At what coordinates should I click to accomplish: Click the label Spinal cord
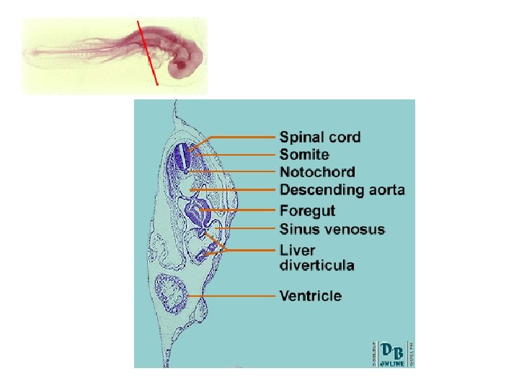click(320, 137)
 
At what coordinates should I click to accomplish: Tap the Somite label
click(304, 155)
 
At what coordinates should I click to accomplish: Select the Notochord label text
click(317, 173)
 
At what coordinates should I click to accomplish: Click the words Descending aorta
click(342, 191)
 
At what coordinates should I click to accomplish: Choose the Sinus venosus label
click(332, 230)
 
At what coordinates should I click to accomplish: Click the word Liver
click(297, 251)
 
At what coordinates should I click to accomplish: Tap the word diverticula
click(316, 266)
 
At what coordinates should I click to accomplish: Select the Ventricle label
click(311, 296)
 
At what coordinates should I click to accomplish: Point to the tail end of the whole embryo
click(30, 52)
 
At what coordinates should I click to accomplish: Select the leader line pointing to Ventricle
click(238, 296)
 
